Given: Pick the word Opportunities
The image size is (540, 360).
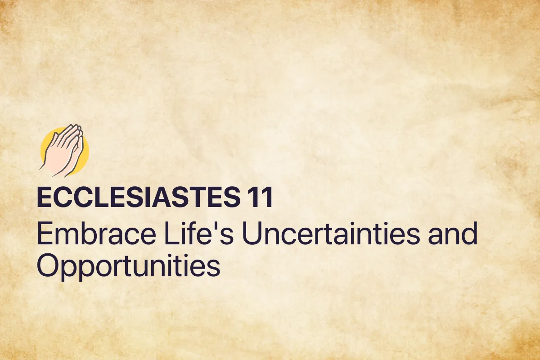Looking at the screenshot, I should click(x=128, y=266).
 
